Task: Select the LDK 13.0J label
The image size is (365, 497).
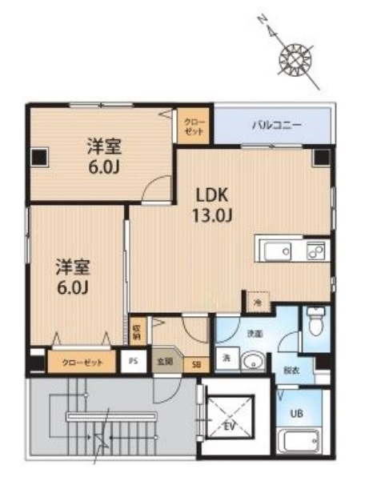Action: pyautogui.click(x=214, y=203)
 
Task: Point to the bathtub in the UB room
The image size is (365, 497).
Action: pyautogui.click(x=299, y=441)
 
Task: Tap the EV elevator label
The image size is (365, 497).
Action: pyautogui.click(x=229, y=425)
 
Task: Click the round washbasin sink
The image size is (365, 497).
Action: pyautogui.click(x=252, y=359)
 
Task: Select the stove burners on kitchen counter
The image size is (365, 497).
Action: pyautogui.click(x=315, y=251)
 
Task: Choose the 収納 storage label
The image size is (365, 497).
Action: pyautogui.click(x=138, y=330)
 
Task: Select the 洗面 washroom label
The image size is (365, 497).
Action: pyautogui.click(x=255, y=332)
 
